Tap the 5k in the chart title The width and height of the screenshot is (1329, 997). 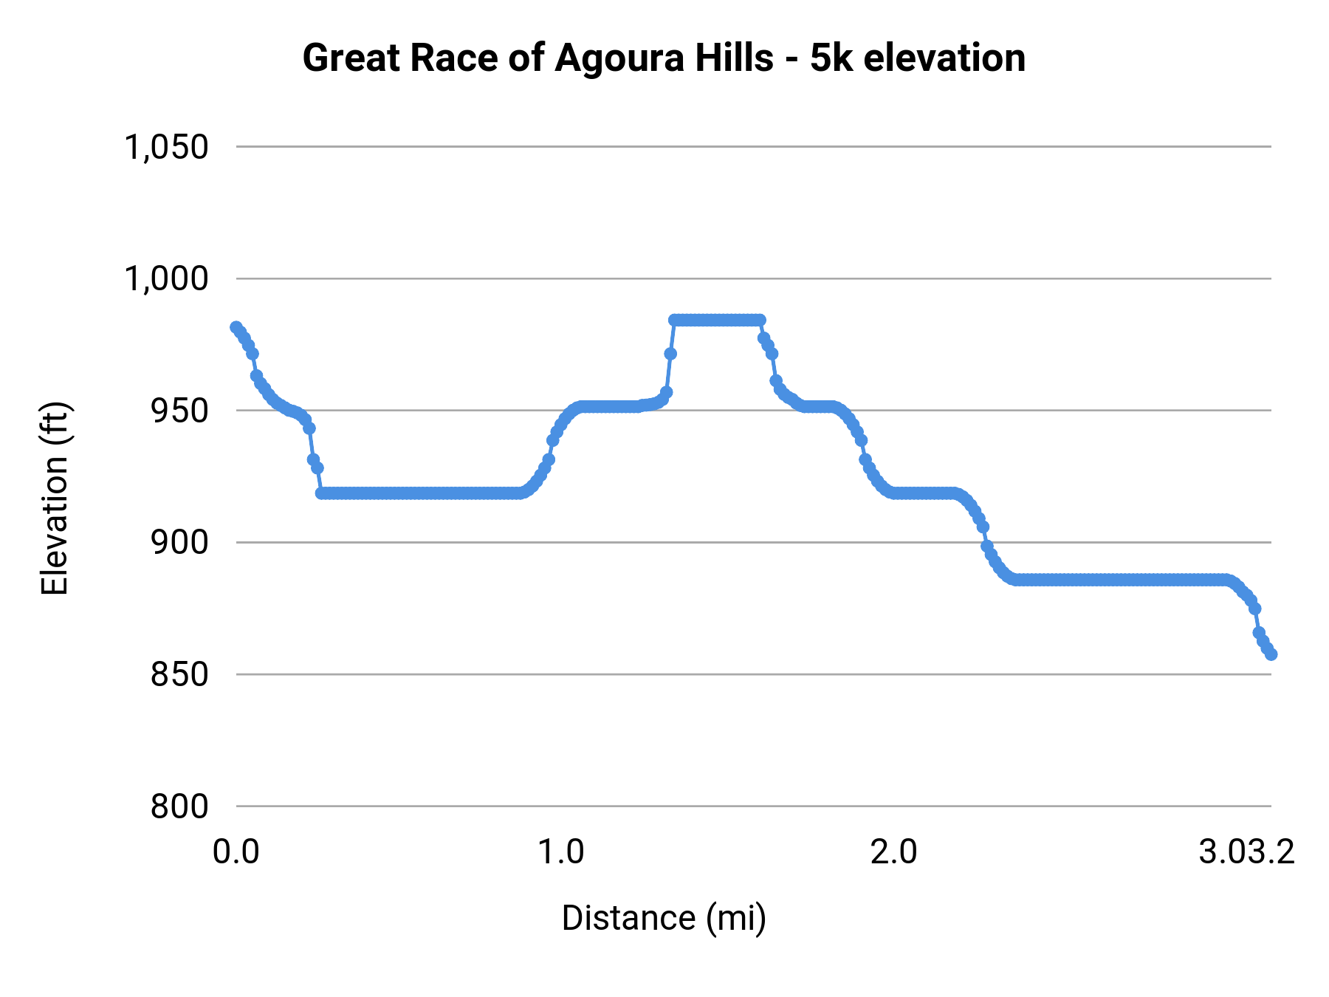coord(831,58)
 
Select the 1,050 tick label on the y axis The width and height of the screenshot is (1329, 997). coord(167,147)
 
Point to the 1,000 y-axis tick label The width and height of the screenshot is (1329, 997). coord(167,279)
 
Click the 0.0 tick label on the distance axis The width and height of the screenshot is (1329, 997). coord(236,852)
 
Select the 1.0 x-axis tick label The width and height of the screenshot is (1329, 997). coord(560,852)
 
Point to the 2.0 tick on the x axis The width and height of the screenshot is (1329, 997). coord(893,852)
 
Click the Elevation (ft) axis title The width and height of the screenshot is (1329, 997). coord(55,498)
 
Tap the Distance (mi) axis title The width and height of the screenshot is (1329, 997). coord(664,918)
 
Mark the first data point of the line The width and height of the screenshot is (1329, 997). coord(236,327)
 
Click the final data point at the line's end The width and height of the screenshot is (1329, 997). coord(1271,654)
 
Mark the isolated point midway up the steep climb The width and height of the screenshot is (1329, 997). coord(670,354)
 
